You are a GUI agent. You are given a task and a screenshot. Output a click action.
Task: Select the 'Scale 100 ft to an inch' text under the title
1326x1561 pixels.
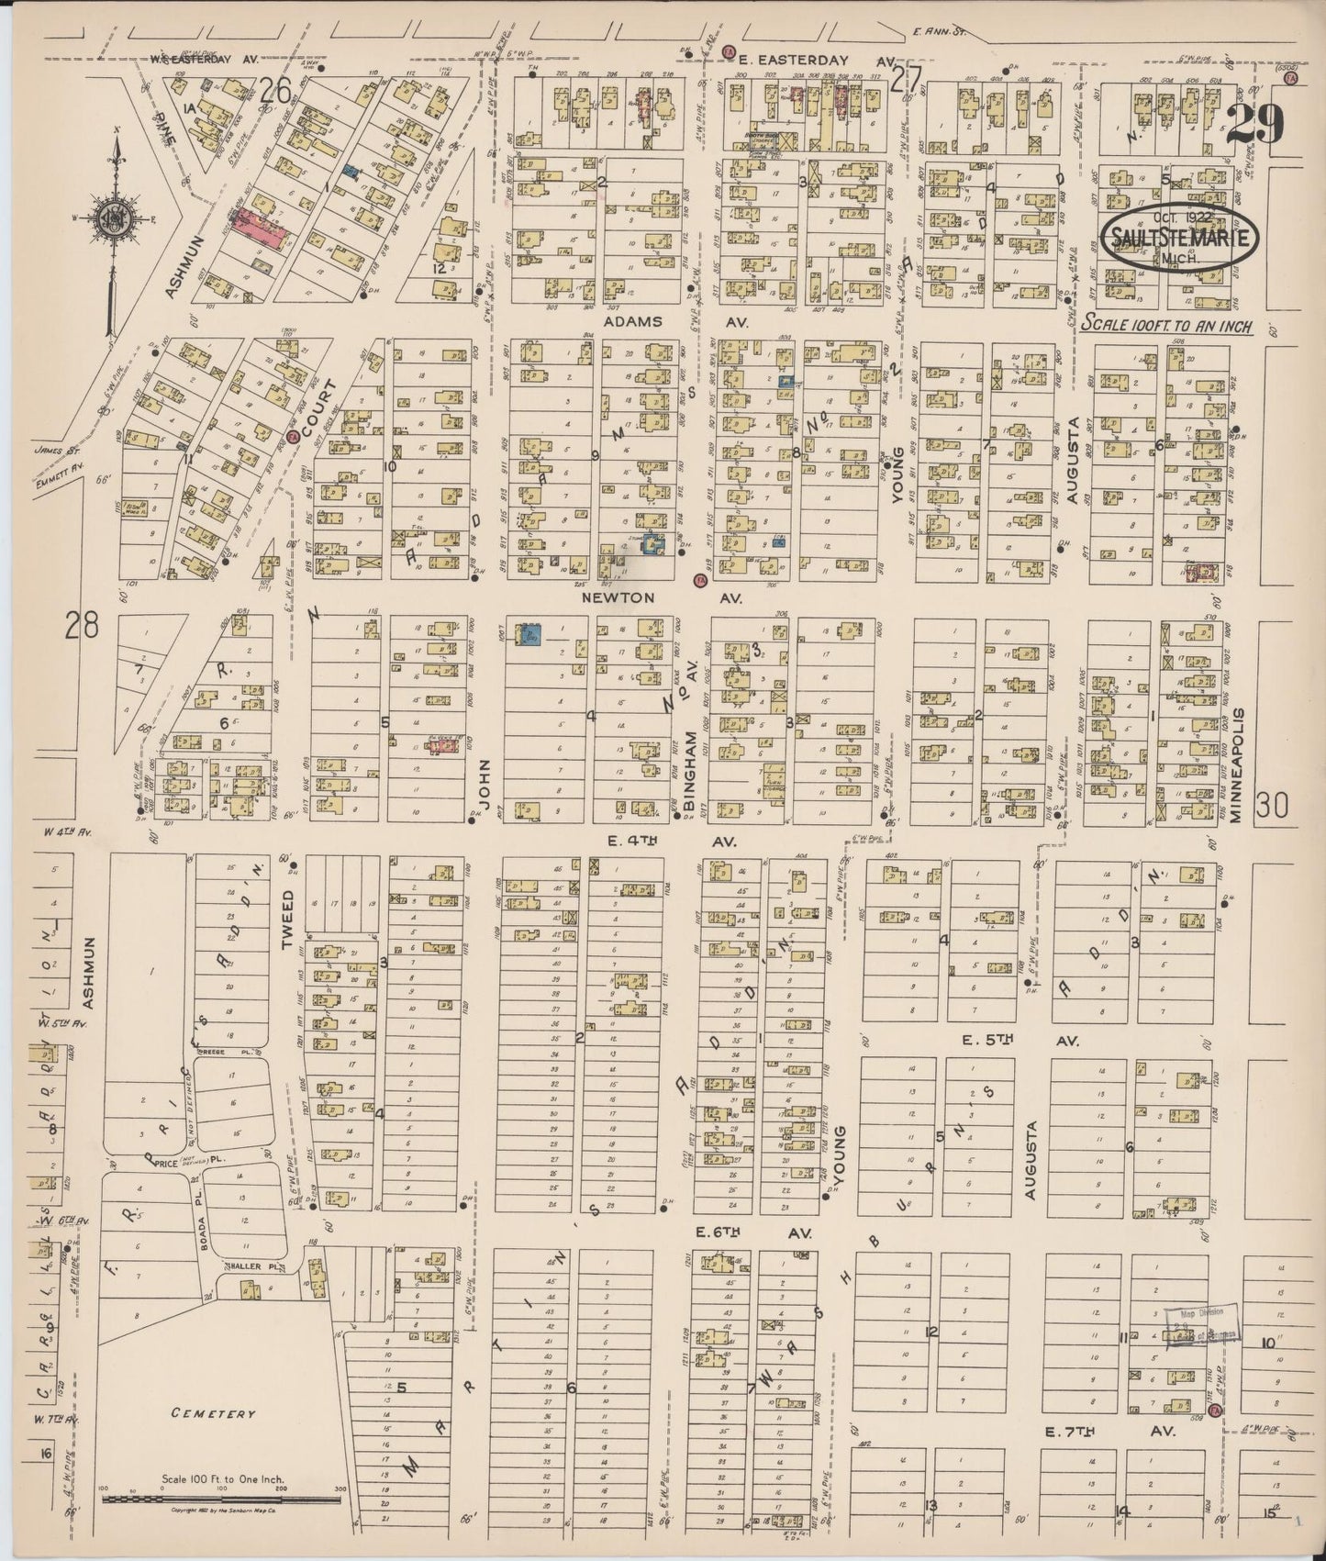click(x=1165, y=325)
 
